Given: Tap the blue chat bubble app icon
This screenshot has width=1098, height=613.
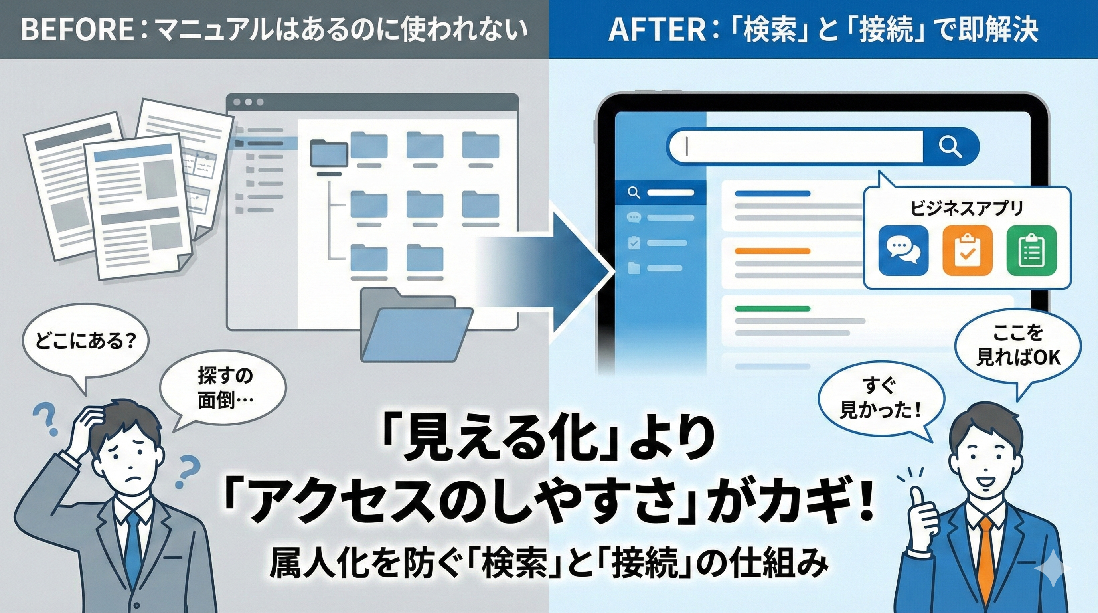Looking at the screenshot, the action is [x=903, y=251].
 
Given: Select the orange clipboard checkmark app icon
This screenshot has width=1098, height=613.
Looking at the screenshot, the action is [x=967, y=251].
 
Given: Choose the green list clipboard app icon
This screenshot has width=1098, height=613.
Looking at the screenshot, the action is [x=1031, y=251].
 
